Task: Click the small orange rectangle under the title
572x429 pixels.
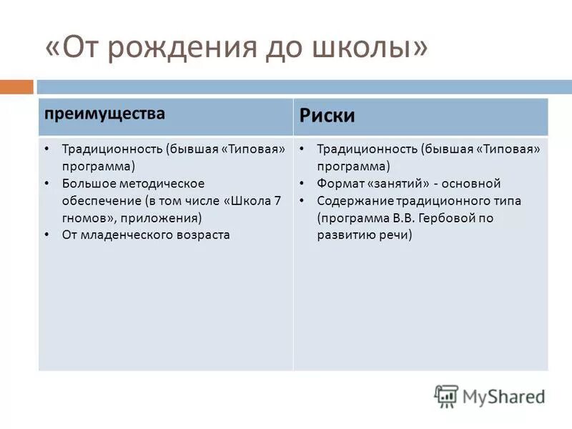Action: pos(16,87)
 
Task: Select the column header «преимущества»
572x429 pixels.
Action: pos(104,113)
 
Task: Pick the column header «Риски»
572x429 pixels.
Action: pos(327,116)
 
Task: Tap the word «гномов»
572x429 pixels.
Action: pos(81,217)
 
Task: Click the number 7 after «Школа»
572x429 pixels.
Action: pos(277,200)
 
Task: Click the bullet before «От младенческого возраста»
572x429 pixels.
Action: pos(46,235)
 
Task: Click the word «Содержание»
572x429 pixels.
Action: pos(350,200)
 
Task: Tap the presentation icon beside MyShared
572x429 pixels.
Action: pos(446,396)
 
